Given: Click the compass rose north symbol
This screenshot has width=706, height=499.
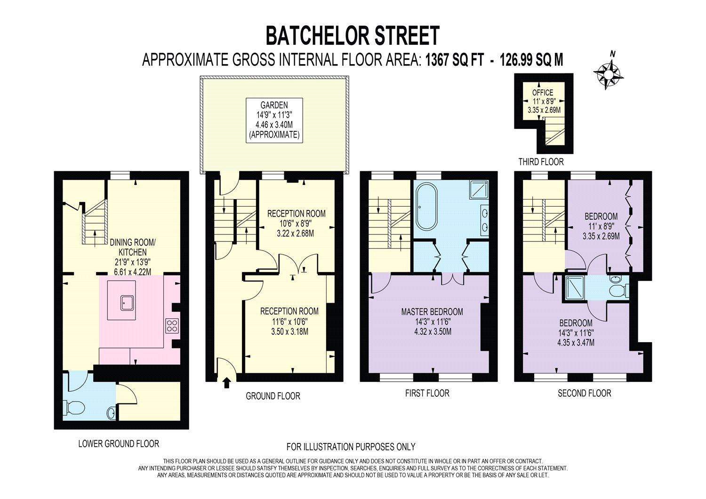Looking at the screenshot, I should [609, 73].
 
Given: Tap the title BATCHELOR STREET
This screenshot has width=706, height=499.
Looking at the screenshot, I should [353, 36].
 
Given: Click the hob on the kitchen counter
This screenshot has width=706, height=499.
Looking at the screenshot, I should [172, 326].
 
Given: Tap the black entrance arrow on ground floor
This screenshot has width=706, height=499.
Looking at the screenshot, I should [226, 383].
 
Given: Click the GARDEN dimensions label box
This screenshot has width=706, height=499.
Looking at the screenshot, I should [274, 120].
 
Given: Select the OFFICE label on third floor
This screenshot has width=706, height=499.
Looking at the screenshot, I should [543, 93].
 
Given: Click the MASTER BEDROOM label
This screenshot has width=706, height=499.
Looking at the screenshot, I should [432, 312].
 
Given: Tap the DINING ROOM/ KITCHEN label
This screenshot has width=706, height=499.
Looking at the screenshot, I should [132, 247].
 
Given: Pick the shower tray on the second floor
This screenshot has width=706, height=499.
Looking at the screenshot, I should [575, 288].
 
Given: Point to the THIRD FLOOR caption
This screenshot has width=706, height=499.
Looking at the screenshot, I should [541, 162].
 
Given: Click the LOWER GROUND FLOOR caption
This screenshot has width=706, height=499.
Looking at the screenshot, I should [119, 443].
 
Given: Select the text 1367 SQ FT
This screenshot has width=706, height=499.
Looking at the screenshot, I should [454, 60].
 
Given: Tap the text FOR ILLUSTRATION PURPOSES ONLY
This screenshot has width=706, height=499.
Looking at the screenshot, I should [351, 447].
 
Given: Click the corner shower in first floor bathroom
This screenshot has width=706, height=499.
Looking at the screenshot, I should [478, 190].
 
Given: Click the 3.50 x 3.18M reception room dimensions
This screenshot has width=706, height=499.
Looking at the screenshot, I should [289, 331].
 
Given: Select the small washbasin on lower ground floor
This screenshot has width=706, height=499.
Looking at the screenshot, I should [111, 413].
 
